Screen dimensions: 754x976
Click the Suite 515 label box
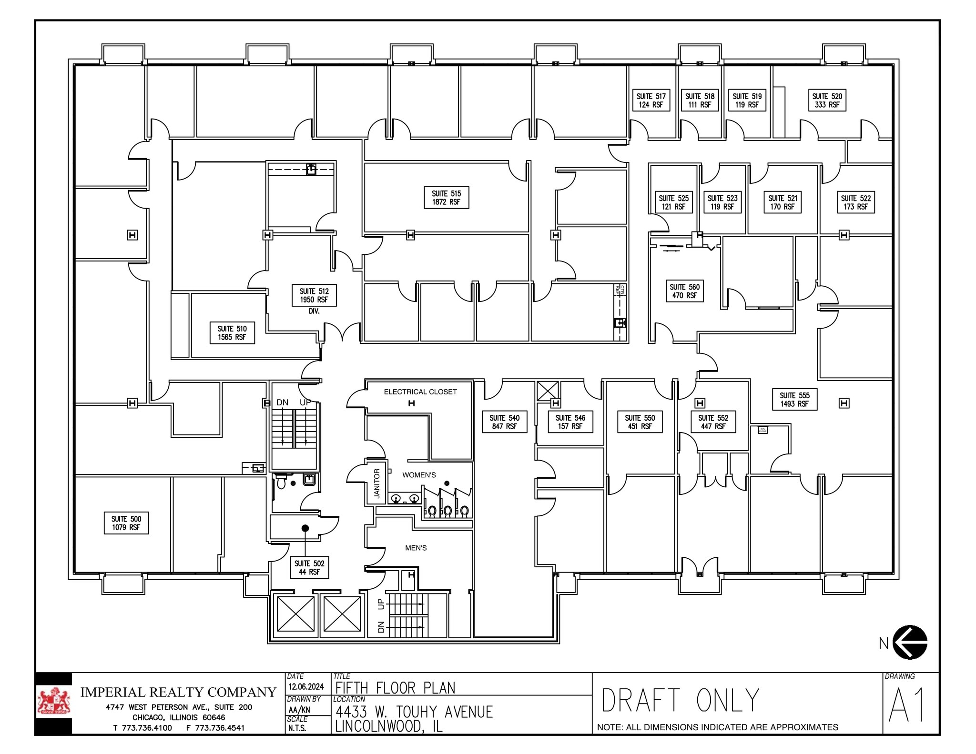pyautogui.click(x=446, y=198)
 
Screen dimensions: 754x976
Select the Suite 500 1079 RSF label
pyautogui.click(x=126, y=523)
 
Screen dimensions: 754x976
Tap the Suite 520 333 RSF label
pyautogui.click(x=827, y=101)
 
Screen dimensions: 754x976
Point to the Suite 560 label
pyautogui.click(x=684, y=291)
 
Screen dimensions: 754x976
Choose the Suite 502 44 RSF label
pyautogui.click(x=309, y=567)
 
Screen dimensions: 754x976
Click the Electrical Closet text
pyautogui.click(x=420, y=392)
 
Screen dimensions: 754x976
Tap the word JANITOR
pyautogui.click(x=376, y=483)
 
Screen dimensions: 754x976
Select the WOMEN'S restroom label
pyautogui.click(x=419, y=475)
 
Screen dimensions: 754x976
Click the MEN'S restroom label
pyautogui.click(x=416, y=548)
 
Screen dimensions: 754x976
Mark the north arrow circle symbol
pyautogui.click(x=910, y=642)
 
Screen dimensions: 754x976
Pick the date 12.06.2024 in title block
pyautogui.click(x=306, y=686)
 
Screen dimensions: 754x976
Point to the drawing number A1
pyautogui.click(x=906, y=705)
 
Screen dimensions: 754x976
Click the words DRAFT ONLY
pyautogui.click(x=680, y=700)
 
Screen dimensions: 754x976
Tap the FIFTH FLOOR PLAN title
pyautogui.click(x=395, y=688)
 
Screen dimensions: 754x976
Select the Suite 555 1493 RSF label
pyautogui.click(x=794, y=400)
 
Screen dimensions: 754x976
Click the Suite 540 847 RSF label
pyautogui.click(x=504, y=422)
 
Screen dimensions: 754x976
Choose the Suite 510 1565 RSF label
pyautogui.click(x=232, y=333)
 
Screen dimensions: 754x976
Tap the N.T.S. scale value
pyautogui.click(x=297, y=728)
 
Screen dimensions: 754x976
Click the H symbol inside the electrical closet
pyautogui.click(x=411, y=403)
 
